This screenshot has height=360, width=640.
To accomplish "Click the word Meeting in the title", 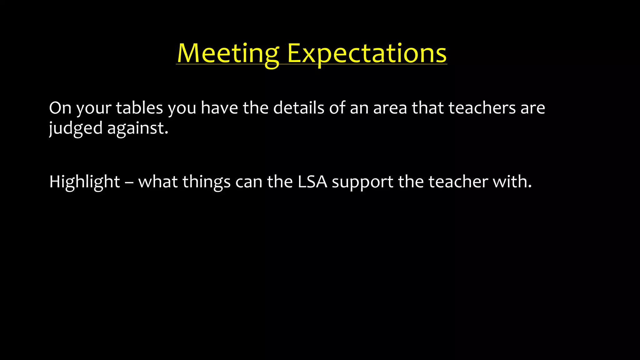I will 228,53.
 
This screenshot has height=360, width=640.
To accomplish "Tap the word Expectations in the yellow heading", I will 367,53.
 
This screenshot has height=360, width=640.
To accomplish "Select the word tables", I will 139,108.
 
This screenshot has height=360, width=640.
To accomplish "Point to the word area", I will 390,108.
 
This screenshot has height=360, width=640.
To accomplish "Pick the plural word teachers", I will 482,108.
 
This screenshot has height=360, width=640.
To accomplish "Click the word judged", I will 76,128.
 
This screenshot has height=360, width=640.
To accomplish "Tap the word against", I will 137,128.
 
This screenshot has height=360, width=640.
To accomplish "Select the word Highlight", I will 84,182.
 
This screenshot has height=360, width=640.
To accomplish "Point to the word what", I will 158,182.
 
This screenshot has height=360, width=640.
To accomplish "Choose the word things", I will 206,182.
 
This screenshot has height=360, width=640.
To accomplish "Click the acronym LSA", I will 312,182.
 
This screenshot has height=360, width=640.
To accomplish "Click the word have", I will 219,108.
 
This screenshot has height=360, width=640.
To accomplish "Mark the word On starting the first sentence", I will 60,108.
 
